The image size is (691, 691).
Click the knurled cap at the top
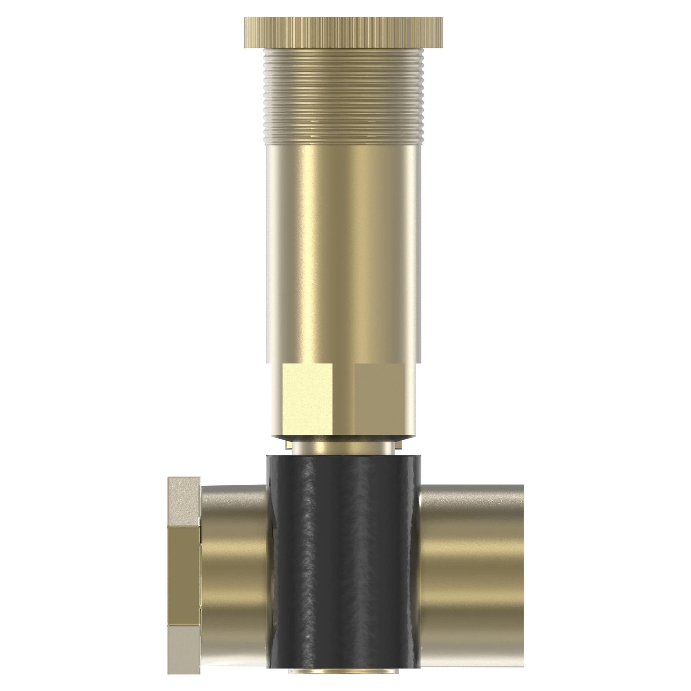[343, 32]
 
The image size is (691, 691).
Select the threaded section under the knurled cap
[343, 97]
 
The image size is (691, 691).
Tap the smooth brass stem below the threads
[343, 250]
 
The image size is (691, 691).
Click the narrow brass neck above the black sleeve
[343, 448]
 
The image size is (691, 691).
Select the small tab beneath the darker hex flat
[399, 445]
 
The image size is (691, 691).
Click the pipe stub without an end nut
[472, 572]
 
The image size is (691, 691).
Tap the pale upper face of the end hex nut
[183, 501]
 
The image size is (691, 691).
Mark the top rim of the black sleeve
[343, 456]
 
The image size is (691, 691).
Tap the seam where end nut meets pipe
[201, 572]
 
